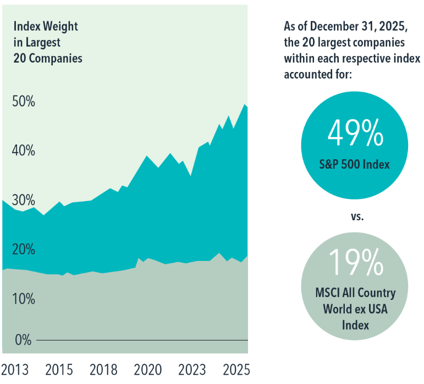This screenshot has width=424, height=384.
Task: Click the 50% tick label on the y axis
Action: tap(23, 102)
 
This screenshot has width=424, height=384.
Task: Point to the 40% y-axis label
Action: tap(23, 151)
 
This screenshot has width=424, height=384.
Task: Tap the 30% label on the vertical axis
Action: tap(23, 200)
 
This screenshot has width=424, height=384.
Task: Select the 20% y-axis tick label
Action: tap(23, 249)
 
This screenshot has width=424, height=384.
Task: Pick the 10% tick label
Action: tap(23, 299)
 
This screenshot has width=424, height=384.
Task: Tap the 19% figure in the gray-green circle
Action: tap(355, 263)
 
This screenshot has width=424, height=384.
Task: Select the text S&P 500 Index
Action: tap(355, 164)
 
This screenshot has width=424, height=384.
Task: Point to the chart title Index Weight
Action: tap(46, 26)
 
